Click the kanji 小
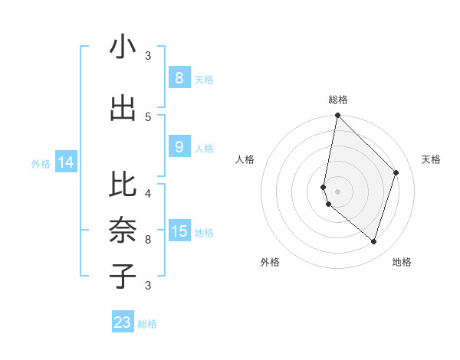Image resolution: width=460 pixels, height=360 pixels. click(123, 47)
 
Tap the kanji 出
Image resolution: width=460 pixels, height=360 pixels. click(123, 108)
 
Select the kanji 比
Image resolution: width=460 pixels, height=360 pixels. click(123, 185)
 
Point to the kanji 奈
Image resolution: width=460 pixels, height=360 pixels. click(123, 231)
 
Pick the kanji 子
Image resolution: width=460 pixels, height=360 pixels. click(123, 276)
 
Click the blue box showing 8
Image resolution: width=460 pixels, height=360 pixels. click(179, 78)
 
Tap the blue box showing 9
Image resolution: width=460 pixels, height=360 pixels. click(179, 147)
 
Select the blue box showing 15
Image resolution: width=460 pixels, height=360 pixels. click(179, 231)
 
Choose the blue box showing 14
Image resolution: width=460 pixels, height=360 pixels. click(66, 162)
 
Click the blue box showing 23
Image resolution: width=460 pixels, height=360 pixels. click(123, 322)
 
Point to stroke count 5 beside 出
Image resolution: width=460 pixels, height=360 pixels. click(148, 116)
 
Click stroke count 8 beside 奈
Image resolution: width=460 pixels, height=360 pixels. click(148, 239)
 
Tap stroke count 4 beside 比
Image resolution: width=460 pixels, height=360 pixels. click(148, 193)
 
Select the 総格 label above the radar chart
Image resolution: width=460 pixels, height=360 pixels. click(338, 100)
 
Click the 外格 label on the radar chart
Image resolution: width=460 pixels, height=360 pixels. click(270, 262)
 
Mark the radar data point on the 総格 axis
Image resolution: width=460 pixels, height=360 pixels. click(337, 116)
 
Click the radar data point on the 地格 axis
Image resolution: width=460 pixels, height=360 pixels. click(373, 241)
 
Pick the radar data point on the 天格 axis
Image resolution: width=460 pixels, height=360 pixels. click(396, 172)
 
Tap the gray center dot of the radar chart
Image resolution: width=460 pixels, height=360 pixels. click(337, 191)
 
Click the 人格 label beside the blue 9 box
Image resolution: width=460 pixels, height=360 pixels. click(204, 148)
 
